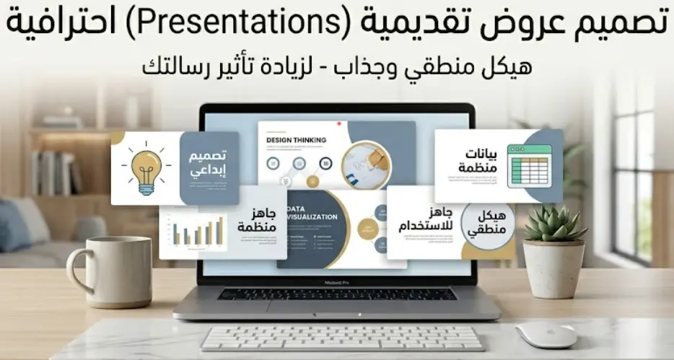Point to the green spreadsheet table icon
coord(529,166)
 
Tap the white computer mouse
coord(546,334)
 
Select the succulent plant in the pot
coord(553,224)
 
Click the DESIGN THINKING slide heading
coord(296,140)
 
